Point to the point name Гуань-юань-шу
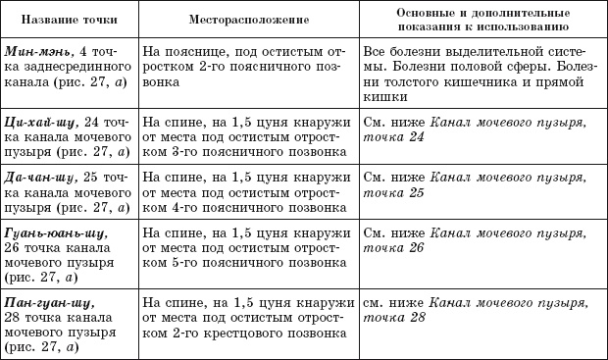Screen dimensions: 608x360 click(x=50, y=236)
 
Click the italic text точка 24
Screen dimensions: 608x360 click(x=394, y=137)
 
